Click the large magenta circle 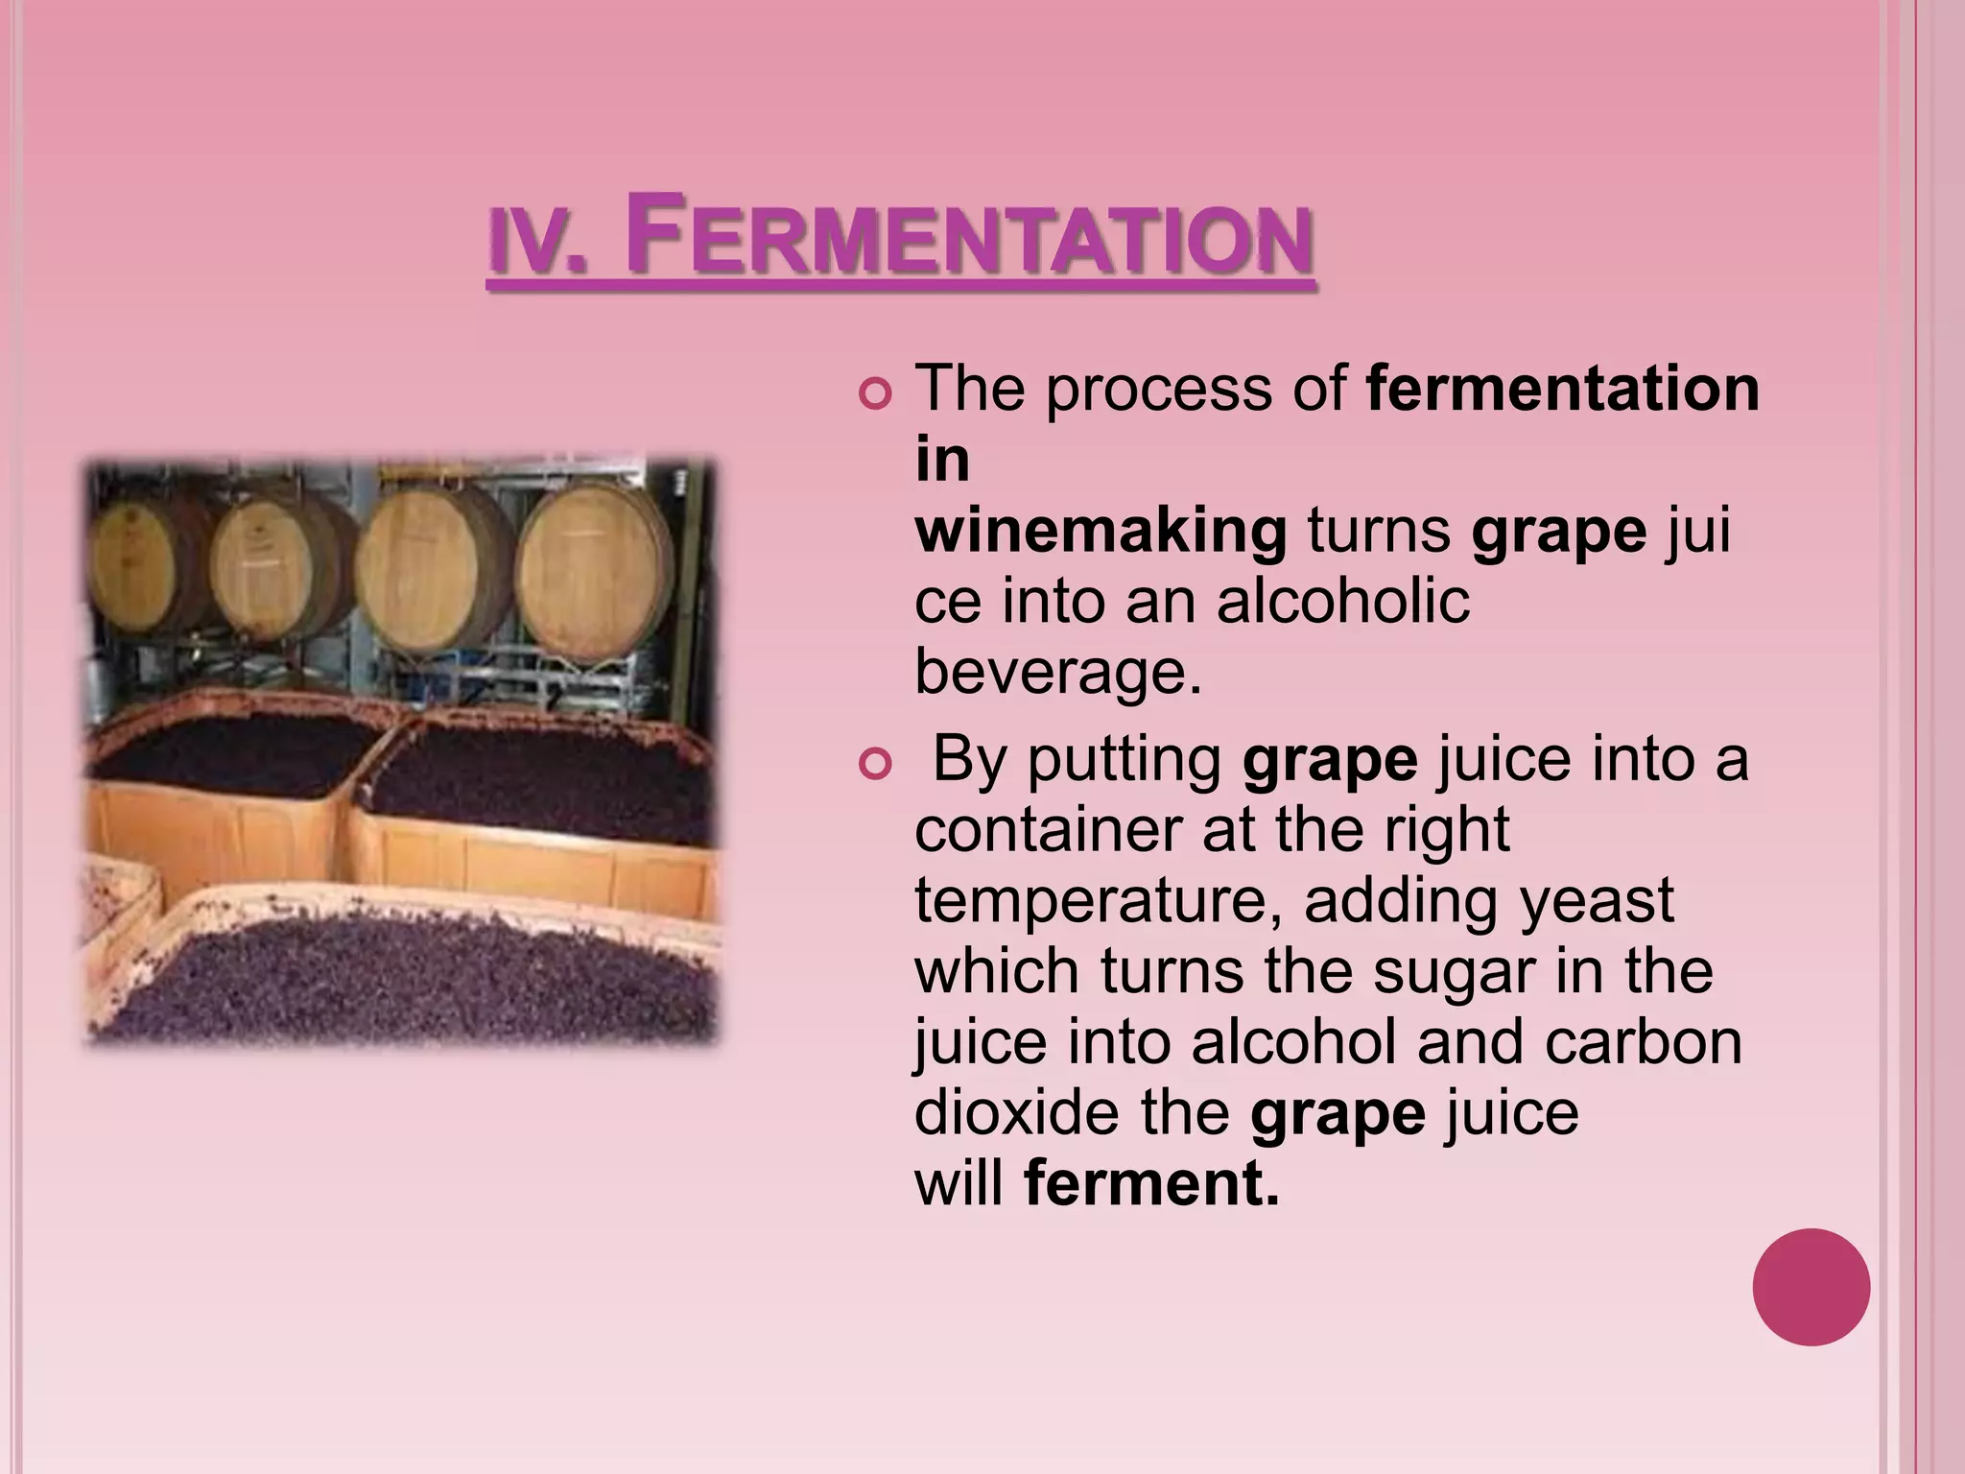tap(1811, 1287)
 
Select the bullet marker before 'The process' tap(875, 393)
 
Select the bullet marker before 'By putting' tap(875, 764)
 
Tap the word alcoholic tap(1342, 602)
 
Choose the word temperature tap(1098, 901)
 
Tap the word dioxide tap(1016, 1112)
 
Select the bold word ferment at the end tap(1151, 1183)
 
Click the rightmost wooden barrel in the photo tap(593, 574)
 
